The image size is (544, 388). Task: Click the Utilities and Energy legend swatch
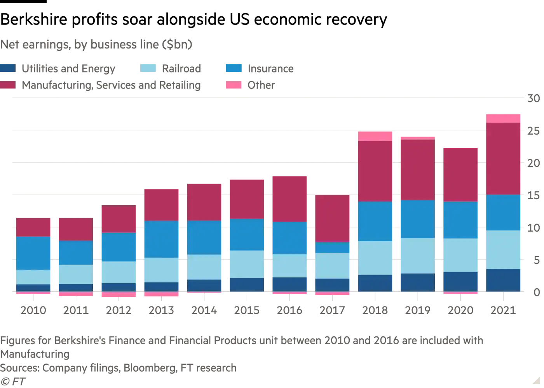8,69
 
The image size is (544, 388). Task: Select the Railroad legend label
181,69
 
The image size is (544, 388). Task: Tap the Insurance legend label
270,69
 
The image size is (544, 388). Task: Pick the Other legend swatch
233,85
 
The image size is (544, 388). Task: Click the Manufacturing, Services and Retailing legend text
111,85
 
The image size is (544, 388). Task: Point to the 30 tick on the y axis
534,99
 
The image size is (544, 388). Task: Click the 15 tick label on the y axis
534,195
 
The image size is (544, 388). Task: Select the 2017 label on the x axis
332,310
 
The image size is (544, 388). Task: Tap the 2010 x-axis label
33,310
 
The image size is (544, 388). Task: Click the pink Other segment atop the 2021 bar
503,118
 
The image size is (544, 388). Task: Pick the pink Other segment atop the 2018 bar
375,136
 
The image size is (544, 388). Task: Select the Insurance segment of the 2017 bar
332,248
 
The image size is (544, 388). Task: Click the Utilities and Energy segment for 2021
503,280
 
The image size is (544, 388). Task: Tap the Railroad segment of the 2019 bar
418,255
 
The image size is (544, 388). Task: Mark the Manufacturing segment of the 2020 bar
460,175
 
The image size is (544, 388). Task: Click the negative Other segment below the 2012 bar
119,294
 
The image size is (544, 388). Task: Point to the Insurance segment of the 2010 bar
33,253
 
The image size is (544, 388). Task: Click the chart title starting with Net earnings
96,45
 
